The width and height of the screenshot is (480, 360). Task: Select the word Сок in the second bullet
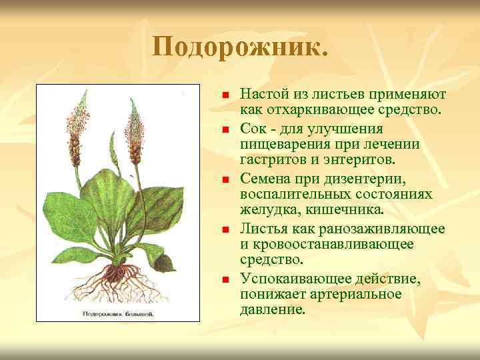coord(253,127)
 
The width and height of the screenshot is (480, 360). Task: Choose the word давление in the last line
coord(272,310)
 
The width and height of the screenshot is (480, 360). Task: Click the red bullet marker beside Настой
coord(225,95)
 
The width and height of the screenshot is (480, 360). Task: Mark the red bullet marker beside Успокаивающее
coord(225,279)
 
